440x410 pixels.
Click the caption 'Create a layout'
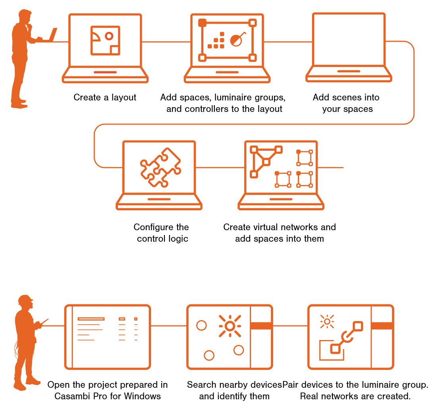tap(105, 98)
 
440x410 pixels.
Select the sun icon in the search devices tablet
tap(230, 326)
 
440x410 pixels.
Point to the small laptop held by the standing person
tap(50, 35)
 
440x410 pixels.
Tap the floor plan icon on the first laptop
tap(105, 40)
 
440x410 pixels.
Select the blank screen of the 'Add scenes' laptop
tap(349, 40)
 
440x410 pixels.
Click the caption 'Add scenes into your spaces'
tap(346, 103)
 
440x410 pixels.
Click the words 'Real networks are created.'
tap(355, 396)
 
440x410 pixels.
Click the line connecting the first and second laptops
tap(166, 41)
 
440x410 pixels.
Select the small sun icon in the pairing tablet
tap(327, 321)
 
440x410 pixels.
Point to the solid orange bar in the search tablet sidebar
tap(261, 326)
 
